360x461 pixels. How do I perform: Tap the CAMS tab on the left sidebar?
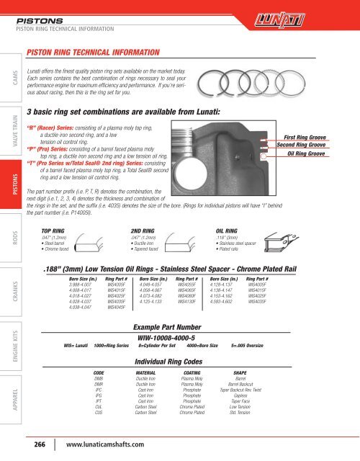point(9,75)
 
